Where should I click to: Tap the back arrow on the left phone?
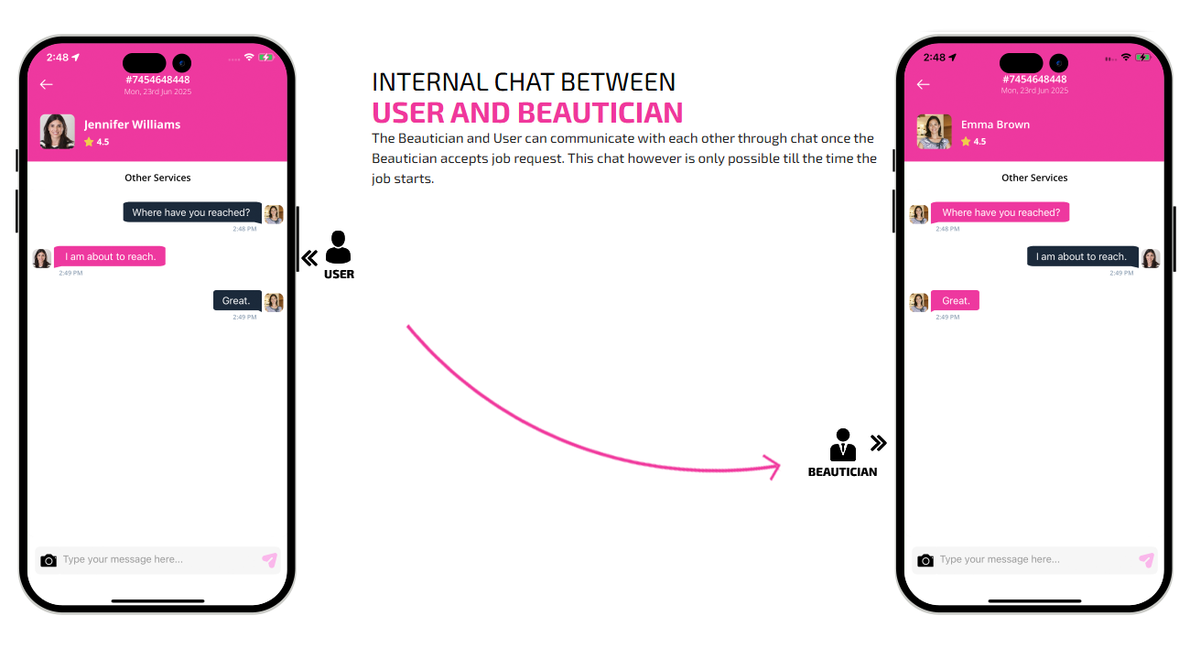click(46, 84)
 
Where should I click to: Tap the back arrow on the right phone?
click(923, 84)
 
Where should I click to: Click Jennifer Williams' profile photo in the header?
click(58, 131)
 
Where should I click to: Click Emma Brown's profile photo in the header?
click(934, 131)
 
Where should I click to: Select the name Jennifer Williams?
click(133, 124)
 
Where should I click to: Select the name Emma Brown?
click(995, 124)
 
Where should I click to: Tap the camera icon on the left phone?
click(49, 560)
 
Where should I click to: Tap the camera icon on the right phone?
click(925, 560)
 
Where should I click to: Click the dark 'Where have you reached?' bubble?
click(192, 212)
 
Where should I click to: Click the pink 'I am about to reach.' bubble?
click(110, 256)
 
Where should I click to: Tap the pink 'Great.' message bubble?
click(956, 300)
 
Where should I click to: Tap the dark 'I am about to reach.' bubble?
click(1082, 256)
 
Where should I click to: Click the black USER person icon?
click(339, 247)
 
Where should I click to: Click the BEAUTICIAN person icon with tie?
click(843, 445)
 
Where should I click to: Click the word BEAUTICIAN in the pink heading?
click(600, 113)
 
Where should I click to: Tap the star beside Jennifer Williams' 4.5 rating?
click(89, 142)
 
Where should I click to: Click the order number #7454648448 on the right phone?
click(1034, 80)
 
